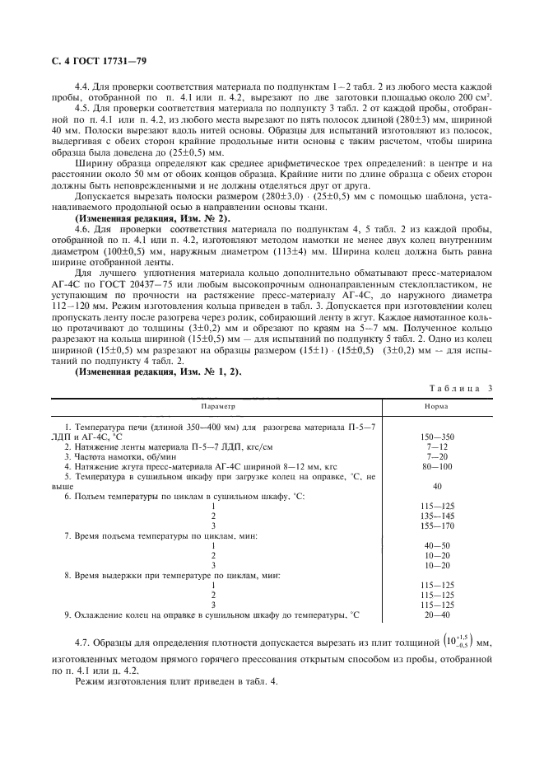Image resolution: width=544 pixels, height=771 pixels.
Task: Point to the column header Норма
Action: point(436,407)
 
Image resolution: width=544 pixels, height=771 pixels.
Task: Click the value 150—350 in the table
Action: point(437,436)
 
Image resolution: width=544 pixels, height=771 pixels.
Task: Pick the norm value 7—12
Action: point(437,446)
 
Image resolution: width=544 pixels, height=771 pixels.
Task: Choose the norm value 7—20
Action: point(437,456)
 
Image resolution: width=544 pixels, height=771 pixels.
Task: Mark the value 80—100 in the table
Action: point(437,465)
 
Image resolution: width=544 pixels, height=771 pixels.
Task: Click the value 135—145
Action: point(437,516)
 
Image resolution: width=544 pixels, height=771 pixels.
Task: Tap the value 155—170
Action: point(437,526)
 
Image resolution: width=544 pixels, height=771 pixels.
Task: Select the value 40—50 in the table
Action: point(437,545)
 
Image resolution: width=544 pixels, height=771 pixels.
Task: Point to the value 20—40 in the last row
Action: point(437,614)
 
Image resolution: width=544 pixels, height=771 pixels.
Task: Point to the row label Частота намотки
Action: point(128,456)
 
